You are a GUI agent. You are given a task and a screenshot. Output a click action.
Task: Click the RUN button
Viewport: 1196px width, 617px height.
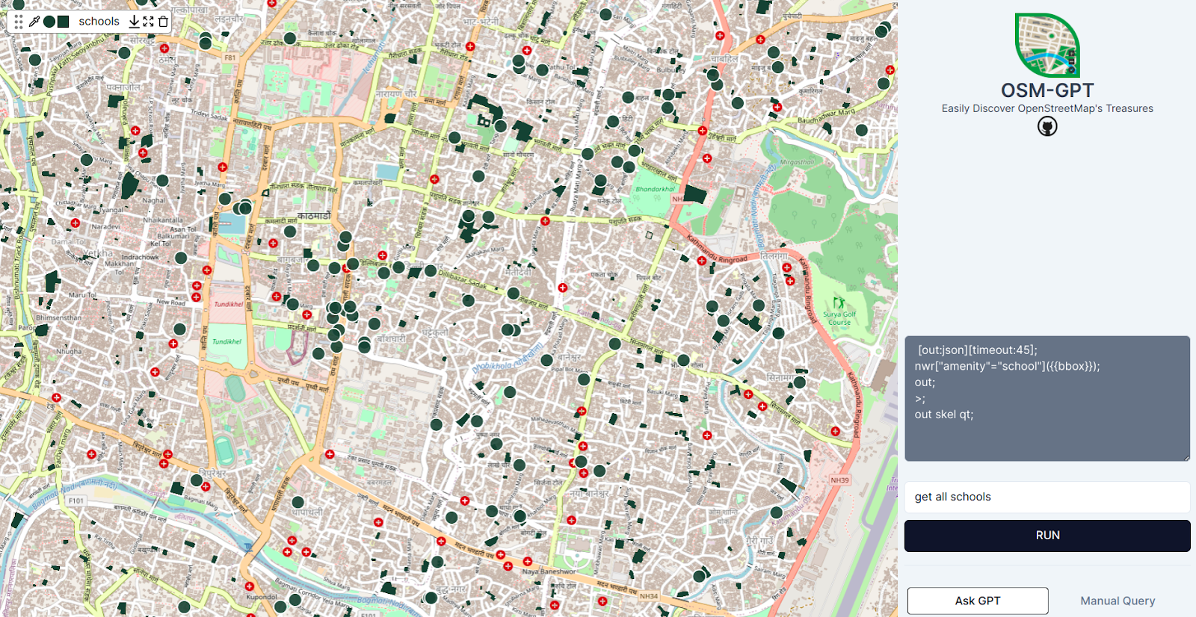coord(1047,536)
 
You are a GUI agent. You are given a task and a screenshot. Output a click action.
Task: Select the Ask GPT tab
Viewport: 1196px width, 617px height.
coord(978,601)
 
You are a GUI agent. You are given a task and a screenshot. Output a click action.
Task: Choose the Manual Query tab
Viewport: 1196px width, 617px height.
coord(1118,601)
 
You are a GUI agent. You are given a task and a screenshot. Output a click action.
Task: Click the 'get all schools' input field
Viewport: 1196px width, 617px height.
coord(1046,497)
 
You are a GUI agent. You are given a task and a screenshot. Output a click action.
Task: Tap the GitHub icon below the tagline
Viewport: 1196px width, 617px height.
coord(1047,127)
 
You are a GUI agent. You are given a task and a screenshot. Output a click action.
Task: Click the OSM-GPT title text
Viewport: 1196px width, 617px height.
coord(1047,90)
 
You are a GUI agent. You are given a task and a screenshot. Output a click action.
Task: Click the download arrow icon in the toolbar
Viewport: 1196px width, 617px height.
coord(135,22)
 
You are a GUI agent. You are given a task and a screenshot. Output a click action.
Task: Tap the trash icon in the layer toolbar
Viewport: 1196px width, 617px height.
coord(163,22)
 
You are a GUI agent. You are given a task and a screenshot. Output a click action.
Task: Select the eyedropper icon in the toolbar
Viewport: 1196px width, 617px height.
coord(34,22)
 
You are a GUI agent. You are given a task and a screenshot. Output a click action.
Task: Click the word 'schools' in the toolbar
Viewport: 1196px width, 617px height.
coord(99,22)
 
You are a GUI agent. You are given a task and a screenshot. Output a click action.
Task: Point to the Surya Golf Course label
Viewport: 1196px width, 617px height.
coord(839,318)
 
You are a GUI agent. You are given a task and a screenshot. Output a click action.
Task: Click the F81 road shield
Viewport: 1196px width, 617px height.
coord(229,58)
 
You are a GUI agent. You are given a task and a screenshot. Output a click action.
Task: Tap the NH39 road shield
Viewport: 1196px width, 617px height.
coord(839,480)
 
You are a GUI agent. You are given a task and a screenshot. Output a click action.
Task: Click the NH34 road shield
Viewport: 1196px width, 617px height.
coord(649,596)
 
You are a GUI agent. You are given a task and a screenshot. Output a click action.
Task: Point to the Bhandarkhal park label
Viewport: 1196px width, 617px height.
coord(655,189)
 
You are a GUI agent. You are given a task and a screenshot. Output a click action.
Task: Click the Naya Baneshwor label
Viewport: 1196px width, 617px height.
coord(549,571)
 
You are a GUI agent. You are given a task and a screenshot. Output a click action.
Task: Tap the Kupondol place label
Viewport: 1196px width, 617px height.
coord(262,597)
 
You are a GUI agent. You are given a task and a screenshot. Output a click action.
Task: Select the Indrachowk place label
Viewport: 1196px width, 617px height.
coord(140,257)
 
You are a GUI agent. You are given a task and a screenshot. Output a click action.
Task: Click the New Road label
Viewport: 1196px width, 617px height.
coord(170,302)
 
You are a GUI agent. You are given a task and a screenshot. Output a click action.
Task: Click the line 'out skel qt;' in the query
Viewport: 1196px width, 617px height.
coord(943,415)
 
